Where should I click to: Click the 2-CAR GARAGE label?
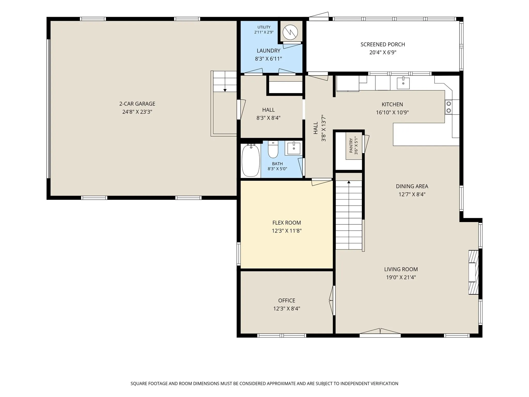point(137,104)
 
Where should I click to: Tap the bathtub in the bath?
point(251,161)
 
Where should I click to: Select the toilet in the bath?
point(273,149)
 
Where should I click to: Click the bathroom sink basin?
point(294,148)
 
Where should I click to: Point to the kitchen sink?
point(403,83)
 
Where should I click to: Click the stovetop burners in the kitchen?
point(449,107)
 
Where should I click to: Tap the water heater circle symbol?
point(290,32)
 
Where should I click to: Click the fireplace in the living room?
point(474,272)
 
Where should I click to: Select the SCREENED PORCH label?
point(383,44)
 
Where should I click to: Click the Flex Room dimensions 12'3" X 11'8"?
point(287,231)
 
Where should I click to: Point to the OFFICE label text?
point(287,301)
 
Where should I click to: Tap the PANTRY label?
point(351,146)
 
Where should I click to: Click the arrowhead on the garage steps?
point(225,90)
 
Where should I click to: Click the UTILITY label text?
point(264,27)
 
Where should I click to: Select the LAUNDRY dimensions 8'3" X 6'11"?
point(268,59)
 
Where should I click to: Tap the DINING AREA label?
point(412,186)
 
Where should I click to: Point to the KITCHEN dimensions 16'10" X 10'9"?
point(392,113)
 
